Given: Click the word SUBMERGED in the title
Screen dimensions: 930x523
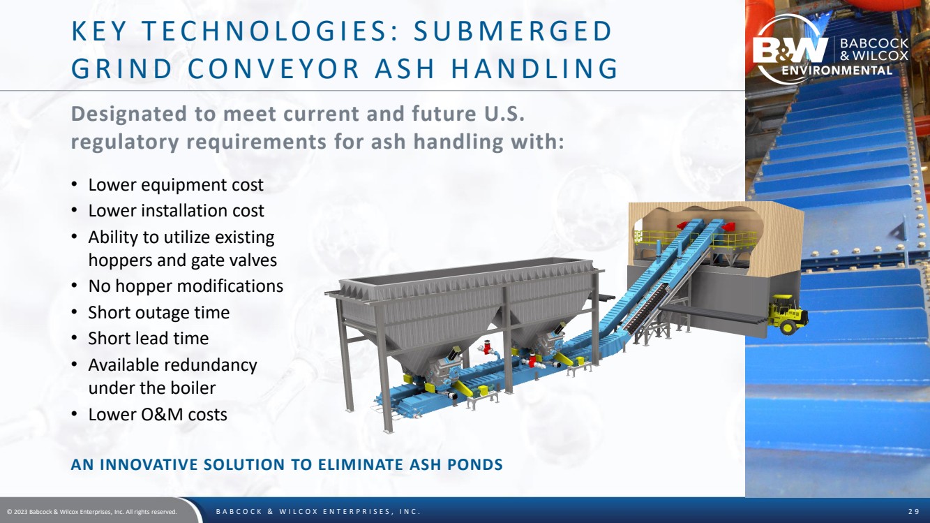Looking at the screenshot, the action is point(513,31).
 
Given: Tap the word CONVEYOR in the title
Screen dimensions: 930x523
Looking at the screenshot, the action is point(273,68).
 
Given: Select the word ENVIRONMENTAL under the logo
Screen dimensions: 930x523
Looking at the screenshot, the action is point(837,71).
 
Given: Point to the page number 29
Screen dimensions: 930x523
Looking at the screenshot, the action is point(913,511).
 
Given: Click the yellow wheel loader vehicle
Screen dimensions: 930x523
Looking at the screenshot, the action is point(788,314).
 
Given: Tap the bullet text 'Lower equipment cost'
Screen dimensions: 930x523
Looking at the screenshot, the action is point(176,185).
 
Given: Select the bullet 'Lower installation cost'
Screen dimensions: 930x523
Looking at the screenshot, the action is point(176,211).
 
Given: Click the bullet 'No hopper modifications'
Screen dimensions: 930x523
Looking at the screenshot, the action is point(186,286).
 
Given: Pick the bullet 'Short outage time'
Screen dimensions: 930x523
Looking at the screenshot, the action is point(158,312).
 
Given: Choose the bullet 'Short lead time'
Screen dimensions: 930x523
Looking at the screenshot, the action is point(148,339).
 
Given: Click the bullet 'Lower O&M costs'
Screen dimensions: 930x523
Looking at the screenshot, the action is point(158,415).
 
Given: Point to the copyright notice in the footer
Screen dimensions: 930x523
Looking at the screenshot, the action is point(92,512).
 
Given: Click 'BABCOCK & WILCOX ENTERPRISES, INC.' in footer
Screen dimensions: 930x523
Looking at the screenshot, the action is point(318,511).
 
